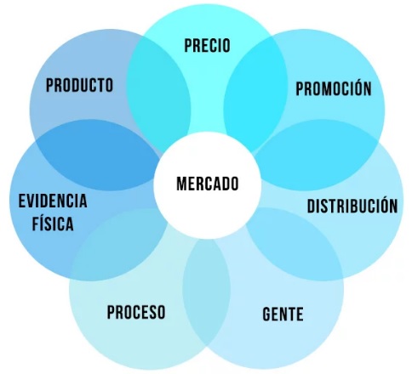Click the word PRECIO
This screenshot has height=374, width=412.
point(207,46)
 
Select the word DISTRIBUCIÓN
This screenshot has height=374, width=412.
point(352,205)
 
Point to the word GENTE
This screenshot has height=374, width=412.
point(283,314)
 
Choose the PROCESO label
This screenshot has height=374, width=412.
point(136,312)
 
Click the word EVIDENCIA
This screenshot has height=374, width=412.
point(53,201)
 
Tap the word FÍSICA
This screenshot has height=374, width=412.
point(53,223)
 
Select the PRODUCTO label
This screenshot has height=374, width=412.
point(79,85)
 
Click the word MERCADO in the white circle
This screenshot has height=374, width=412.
point(208,184)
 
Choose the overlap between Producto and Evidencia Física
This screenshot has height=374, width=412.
point(97,156)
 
